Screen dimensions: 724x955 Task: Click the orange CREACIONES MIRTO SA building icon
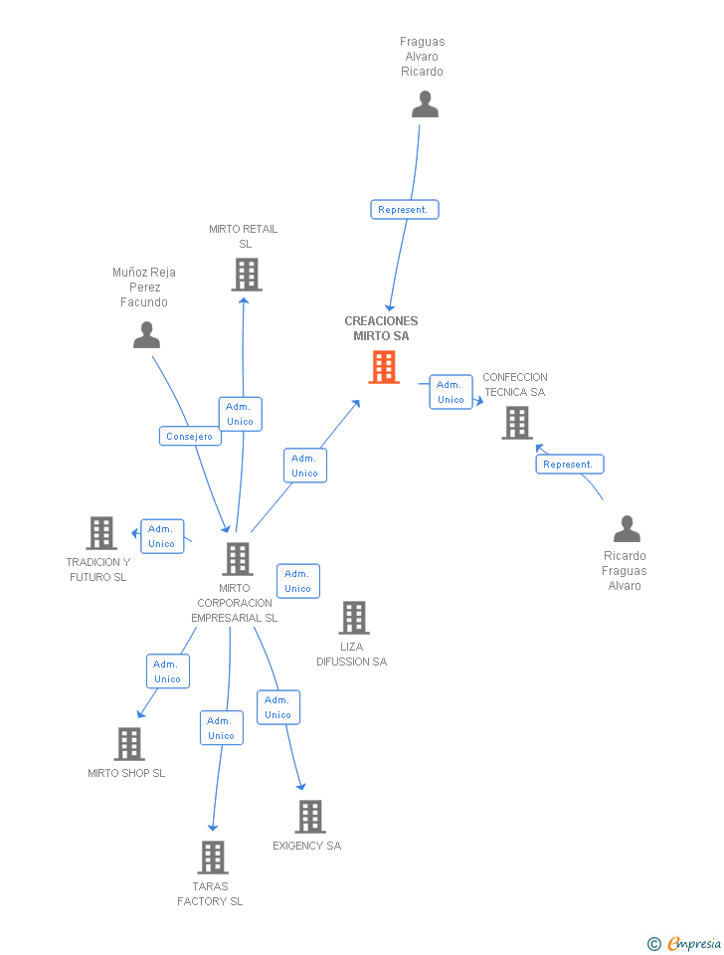[384, 367]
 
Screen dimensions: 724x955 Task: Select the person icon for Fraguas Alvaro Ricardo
[425, 104]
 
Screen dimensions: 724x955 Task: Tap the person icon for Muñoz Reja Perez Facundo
[146, 335]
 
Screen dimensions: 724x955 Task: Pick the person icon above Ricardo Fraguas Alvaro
[627, 528]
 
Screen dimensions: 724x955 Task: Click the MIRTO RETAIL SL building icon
[247, 275]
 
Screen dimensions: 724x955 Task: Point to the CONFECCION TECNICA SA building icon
[517, 423]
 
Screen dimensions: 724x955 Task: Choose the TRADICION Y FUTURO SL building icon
[101, 533]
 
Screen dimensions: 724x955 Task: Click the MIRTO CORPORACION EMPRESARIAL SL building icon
[238, 558]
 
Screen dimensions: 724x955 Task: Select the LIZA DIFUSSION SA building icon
[354, 618]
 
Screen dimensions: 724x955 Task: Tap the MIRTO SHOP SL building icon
[129, 744]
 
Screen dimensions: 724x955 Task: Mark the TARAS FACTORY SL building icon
[213, 857]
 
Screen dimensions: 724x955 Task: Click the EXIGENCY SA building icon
[310, 816]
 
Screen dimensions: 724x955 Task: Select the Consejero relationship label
[190, 436]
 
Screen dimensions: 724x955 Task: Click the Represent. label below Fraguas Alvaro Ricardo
[405, 210]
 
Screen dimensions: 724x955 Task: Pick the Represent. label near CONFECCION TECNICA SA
[569, 465]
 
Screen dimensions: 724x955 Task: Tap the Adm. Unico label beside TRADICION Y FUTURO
[162, 536]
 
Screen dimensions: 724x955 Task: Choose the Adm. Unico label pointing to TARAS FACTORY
[222, 728]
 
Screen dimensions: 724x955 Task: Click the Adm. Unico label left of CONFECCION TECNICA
[451, 392]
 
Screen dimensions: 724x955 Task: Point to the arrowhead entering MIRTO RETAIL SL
[243, 300]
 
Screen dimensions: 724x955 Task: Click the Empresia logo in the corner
[684, 943]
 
